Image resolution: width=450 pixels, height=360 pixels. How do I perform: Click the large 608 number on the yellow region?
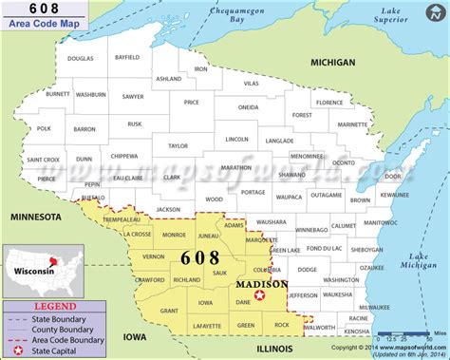(198, 258)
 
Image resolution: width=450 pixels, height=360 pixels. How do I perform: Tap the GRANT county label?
(169, 311)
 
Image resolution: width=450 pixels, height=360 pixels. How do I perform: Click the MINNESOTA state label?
(35, 218)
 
